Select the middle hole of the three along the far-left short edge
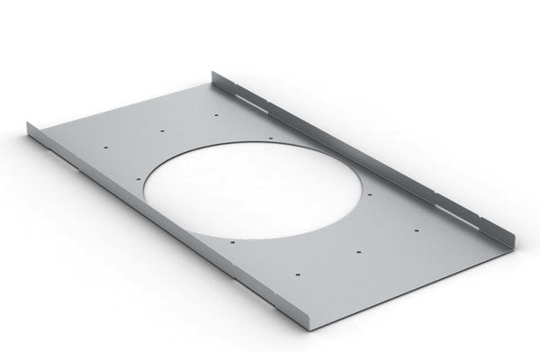[162, 130]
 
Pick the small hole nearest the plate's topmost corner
[219, 114]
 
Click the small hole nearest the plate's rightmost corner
[417, 233]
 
